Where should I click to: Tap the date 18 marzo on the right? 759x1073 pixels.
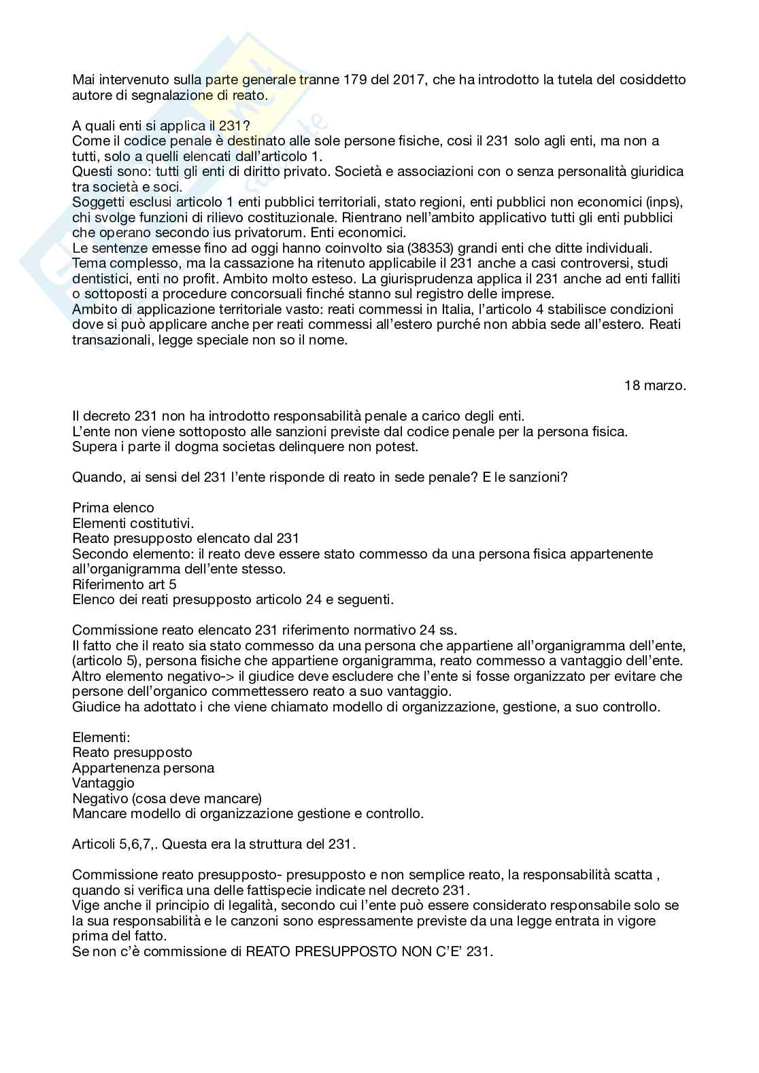(655, 385)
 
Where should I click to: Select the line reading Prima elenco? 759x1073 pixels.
(113, 508)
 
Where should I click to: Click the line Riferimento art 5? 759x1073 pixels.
(124, 584)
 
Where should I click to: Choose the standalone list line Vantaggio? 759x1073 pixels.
(103, 783)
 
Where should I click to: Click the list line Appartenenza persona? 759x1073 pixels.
(143, 768)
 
